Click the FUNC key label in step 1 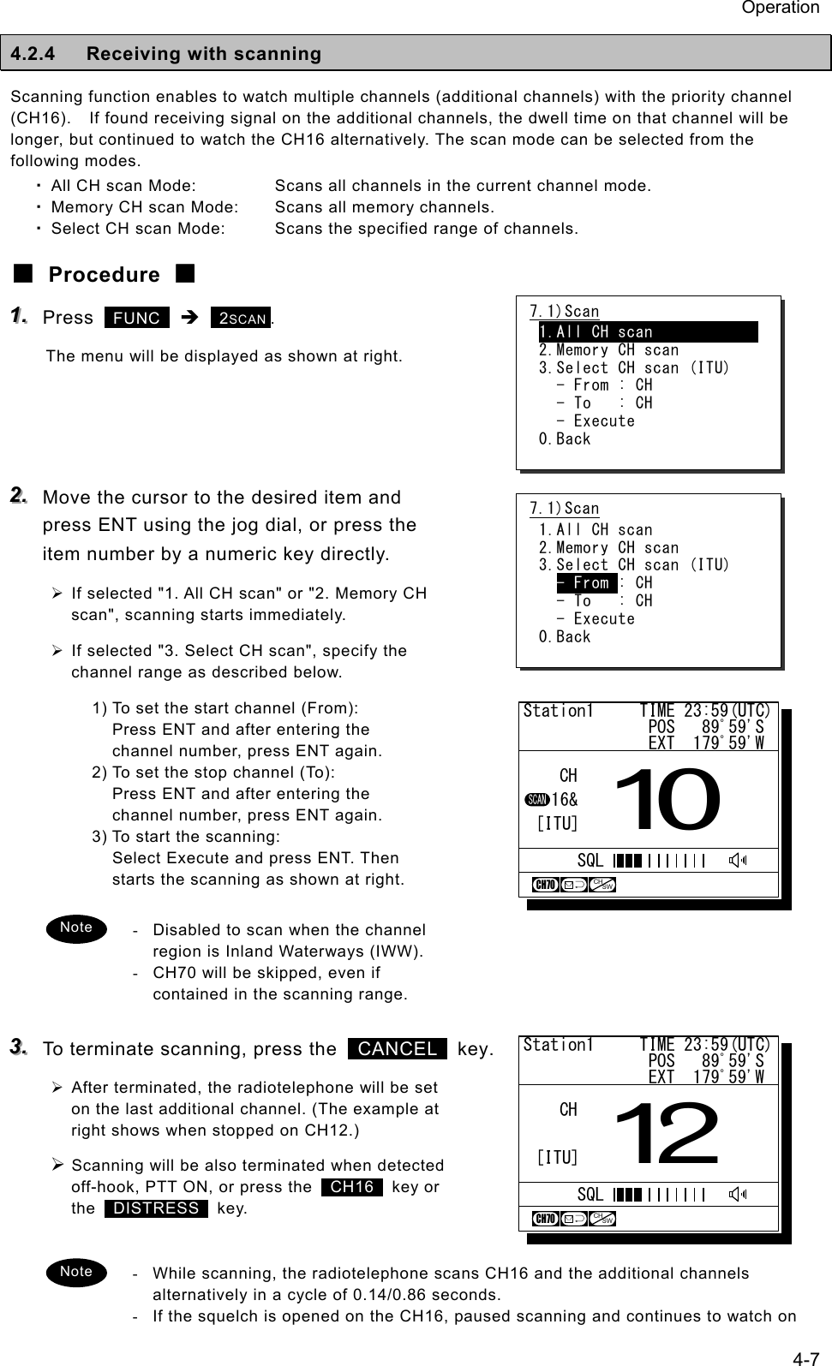(137, 319)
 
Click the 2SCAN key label (241, 319)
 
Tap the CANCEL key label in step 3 (398, 1049)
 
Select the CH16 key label (352, 1187)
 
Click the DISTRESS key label (156, 1208)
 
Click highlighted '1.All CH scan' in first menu (647, 332)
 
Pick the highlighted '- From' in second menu (586, 583)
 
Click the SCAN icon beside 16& (536, 800)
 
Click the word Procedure (104, 275)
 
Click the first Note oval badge (76, 928)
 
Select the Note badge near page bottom (76, 1272)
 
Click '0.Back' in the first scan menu (565, 439)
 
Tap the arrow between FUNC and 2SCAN (191, 319)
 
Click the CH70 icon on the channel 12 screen (545, 1219)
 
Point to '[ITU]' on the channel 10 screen (557, 824)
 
